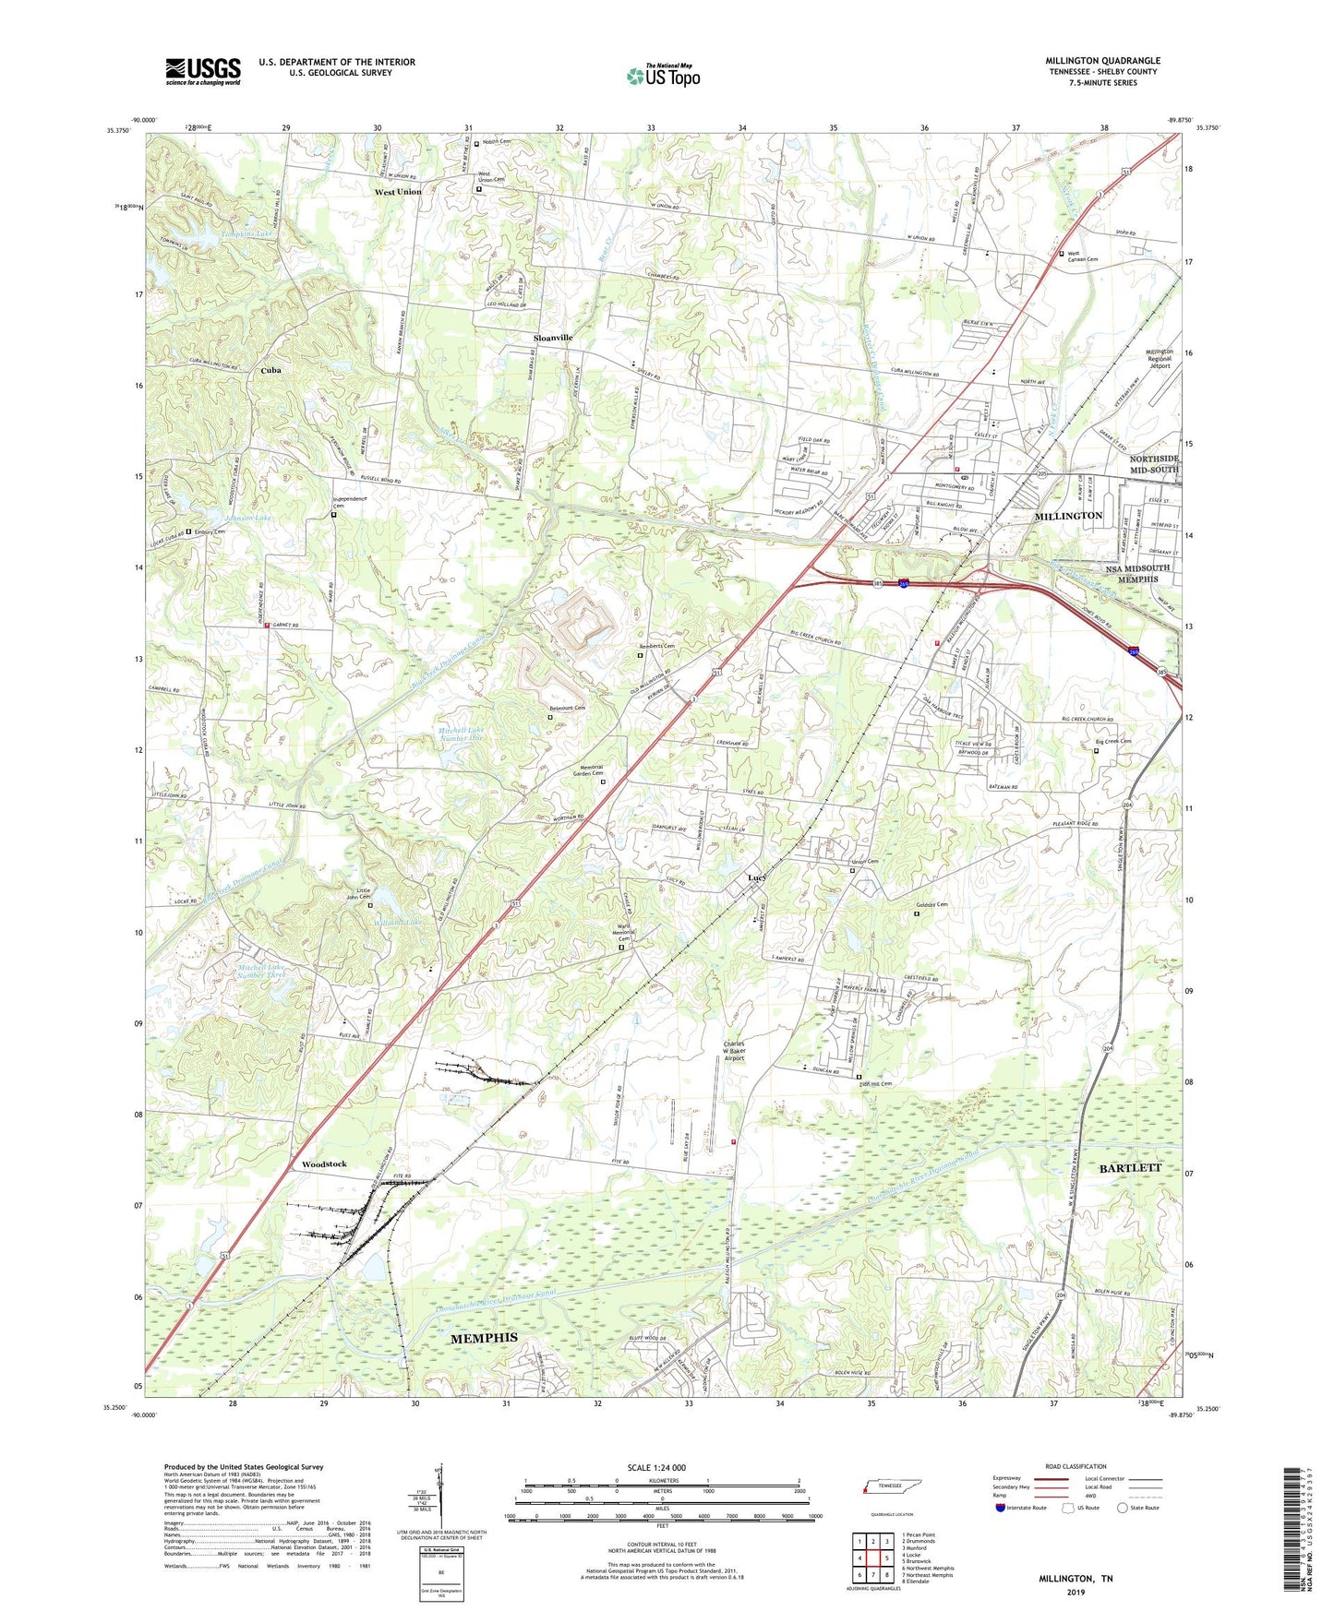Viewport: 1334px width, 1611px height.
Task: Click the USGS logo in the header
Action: coord(203,70)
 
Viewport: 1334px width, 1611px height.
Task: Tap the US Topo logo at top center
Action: coord(663,76)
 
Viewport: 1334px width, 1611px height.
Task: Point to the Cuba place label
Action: coord(270,370)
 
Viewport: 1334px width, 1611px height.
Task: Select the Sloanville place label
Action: coord(553,338)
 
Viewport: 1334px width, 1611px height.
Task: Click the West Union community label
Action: coord(397,192)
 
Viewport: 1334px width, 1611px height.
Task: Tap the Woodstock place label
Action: coord(323,1164)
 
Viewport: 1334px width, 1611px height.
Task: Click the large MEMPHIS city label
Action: coord(483,1338)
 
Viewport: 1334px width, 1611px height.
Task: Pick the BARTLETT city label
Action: coord(1130,1168)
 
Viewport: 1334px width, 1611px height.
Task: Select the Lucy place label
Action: coord(757,877)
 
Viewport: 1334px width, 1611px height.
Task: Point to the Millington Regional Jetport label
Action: coord(1159,358)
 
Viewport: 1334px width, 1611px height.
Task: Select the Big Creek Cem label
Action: coord(1112,741)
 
